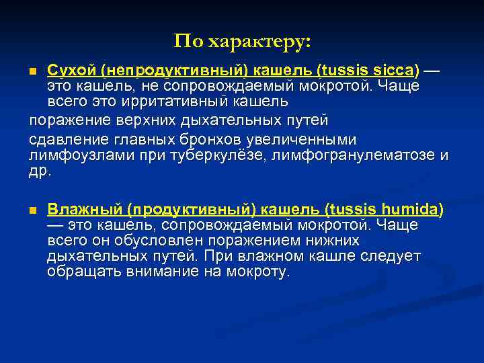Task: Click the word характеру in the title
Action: click(x=259, y=42)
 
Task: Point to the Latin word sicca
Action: click(x=396, y=70)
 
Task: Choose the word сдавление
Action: click(x=63, y=140)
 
